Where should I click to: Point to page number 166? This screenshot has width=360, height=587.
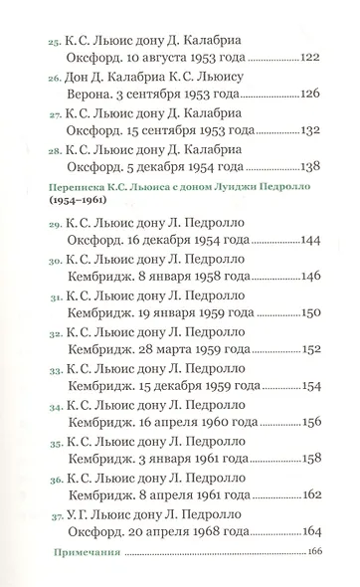tap(317, 552)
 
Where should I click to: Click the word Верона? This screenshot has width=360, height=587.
tap(90, 95)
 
